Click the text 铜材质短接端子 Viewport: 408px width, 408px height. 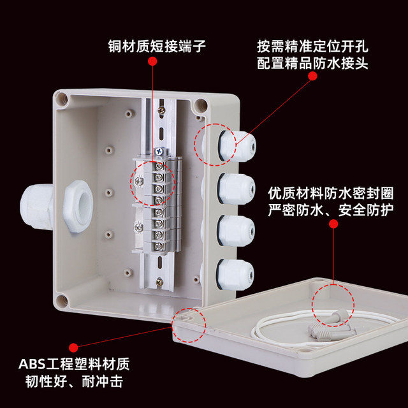152,46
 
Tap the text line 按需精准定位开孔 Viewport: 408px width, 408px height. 312,46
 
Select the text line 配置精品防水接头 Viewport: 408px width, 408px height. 312,63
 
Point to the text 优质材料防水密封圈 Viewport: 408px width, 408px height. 331,193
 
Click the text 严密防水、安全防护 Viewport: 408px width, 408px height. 331,210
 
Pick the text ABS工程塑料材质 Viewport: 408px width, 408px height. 73,365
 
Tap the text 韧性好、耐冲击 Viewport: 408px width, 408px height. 73,382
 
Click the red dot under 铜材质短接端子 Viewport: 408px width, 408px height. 153,61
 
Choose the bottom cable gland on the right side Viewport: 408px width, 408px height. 237,273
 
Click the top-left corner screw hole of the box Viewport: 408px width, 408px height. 62,99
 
